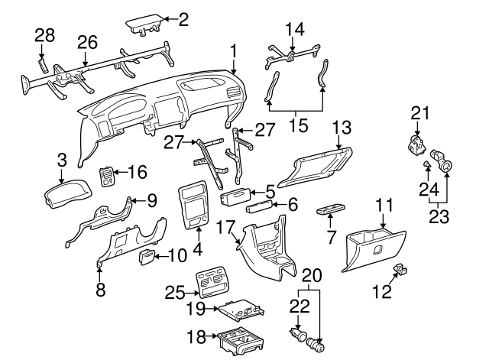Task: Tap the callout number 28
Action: [45, 35]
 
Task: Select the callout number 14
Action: [294, 29]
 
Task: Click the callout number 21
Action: [416, 114]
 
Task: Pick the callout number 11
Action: [384, 205]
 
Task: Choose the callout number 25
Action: [175, 293]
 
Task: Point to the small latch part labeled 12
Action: [400, 269]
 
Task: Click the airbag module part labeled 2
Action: [145, 27]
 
